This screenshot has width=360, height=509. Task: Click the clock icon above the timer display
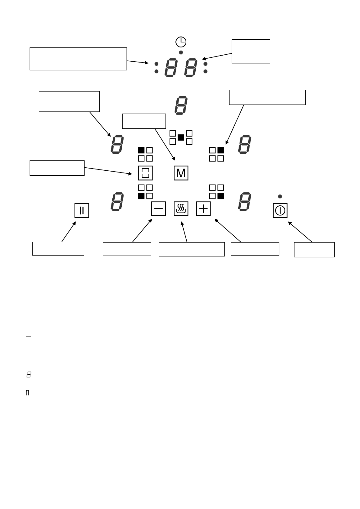point(181,42)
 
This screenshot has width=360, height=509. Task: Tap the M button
point(181,173)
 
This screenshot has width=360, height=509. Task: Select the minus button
point(159,209)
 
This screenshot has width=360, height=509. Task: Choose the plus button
point(203,209)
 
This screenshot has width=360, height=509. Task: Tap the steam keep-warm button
point(181,209)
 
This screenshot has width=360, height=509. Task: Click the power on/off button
point(280,211)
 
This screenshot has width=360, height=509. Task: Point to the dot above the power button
point(280,196)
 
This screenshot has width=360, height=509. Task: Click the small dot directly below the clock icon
point(181,53)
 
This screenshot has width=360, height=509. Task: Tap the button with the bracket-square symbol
point(145,173)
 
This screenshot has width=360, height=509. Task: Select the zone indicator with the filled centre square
point(181,137)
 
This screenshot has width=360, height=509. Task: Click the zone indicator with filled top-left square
point(145,154)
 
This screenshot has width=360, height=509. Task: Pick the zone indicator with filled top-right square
point(217,154)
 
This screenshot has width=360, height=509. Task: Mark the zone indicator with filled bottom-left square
point(145,192)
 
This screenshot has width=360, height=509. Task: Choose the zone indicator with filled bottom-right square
point(217,192)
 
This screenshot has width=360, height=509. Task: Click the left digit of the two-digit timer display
point(171,68)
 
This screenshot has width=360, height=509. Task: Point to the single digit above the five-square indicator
point(181,105)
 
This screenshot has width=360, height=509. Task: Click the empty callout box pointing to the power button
point(314,250)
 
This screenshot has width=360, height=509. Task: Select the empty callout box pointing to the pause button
point(58,249)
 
